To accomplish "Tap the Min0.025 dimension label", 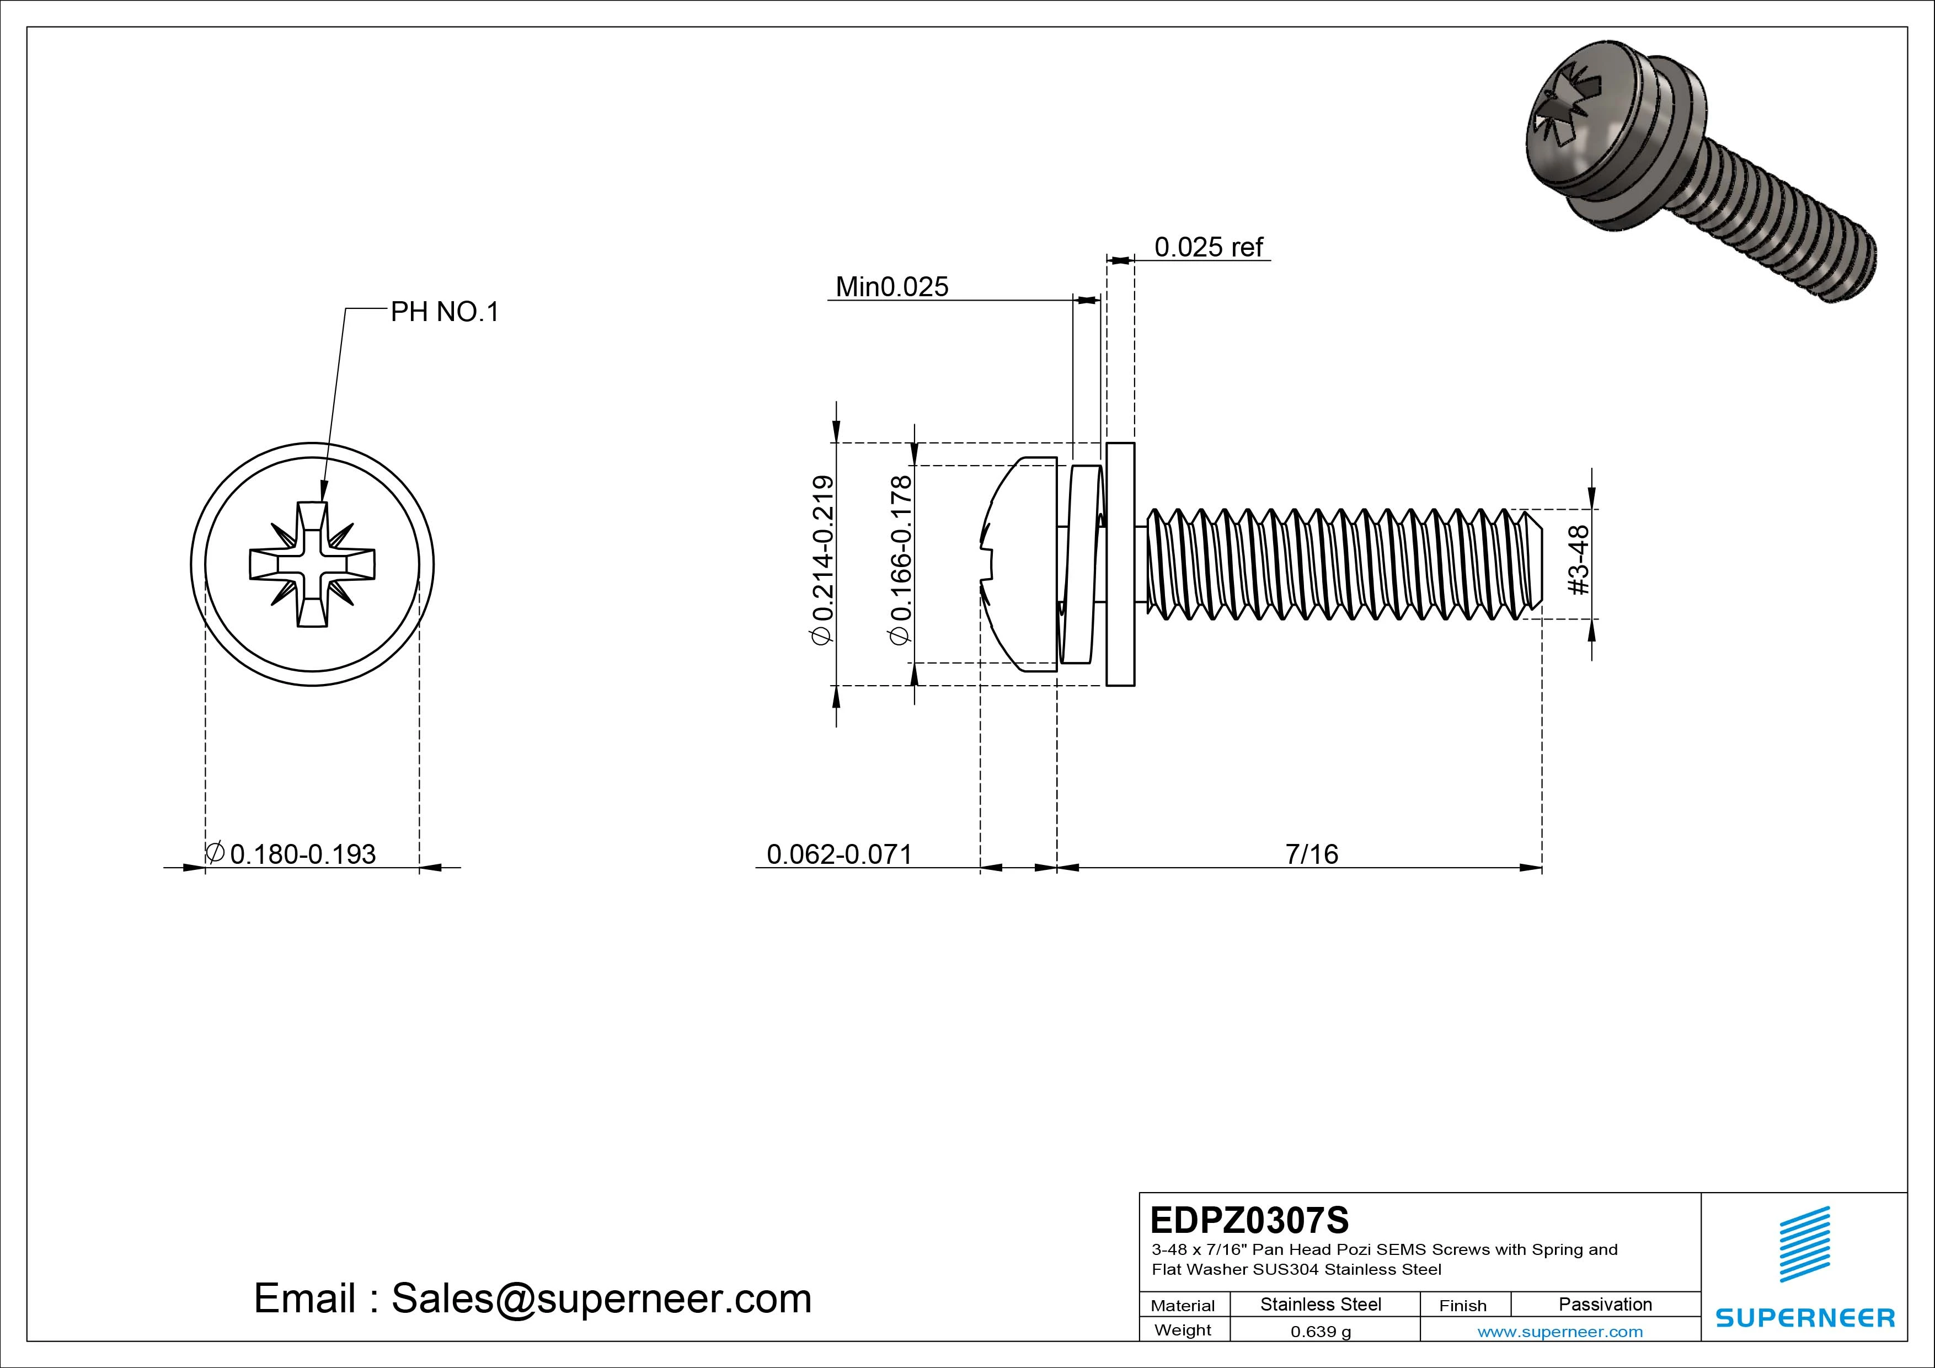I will point(891,287).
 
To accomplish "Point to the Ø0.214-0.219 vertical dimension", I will point(822,562).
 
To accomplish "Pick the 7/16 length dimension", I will point(1311,854).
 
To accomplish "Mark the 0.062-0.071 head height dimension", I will point(840,854).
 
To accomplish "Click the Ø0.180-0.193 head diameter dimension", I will point(292,854).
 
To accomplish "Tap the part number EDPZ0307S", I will point(1249,1220).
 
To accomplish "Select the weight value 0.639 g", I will point(1321,1332).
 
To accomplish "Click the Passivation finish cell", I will point(1605,1304).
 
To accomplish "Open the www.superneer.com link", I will point(1560,1332).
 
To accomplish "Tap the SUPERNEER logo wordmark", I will point(1804,1317).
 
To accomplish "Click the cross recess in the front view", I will point(312,565).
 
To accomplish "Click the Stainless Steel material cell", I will point(1321,1304).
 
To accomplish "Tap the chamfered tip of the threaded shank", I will point(1534,563).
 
